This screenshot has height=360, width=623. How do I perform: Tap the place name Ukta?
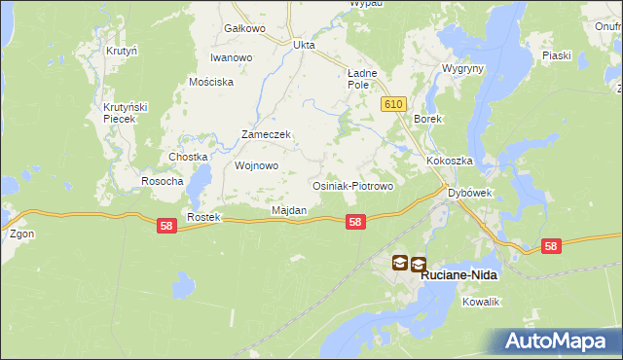[304, 44]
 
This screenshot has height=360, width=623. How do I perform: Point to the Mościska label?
[212, 82]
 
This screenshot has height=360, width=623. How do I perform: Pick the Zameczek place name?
[267, 135]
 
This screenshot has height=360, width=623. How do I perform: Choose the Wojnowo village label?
[257, 165]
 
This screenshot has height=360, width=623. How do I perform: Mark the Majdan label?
[289, 210]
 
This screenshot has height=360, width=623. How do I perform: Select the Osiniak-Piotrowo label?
[351, 185]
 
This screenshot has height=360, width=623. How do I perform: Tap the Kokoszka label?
[449, 161]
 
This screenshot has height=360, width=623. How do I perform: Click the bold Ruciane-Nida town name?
[459, 275]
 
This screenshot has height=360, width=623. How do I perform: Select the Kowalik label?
[481, 303]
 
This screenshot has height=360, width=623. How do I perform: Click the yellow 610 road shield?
[393, 104]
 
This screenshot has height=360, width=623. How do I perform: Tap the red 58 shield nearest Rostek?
[166, 225]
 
